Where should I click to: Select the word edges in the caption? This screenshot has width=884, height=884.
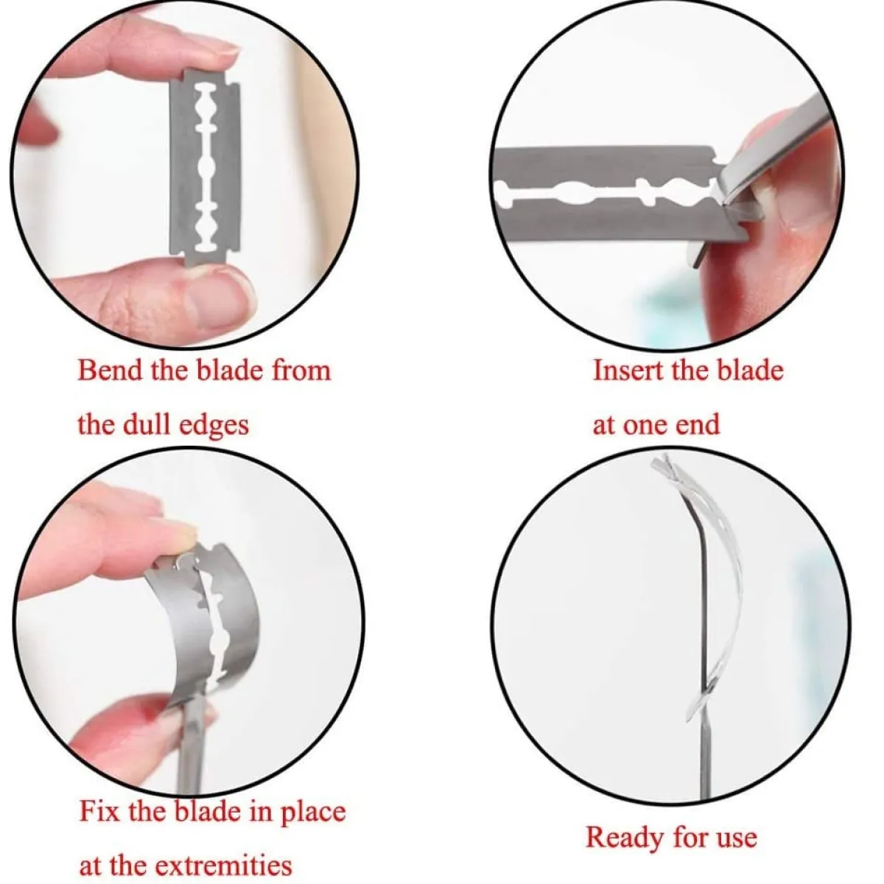click(x=214, y=427)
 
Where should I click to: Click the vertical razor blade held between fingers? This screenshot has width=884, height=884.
click(x=205, y=166)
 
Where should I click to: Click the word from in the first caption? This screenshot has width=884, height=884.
click(x=301, y=371)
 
